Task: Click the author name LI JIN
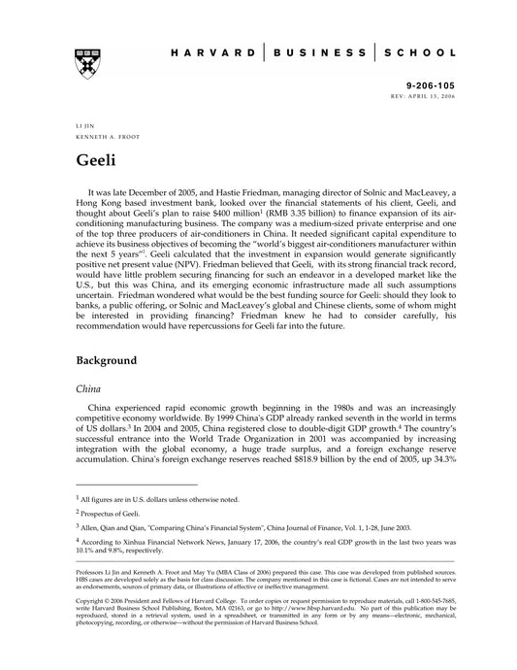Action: click(x=84, y=127)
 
